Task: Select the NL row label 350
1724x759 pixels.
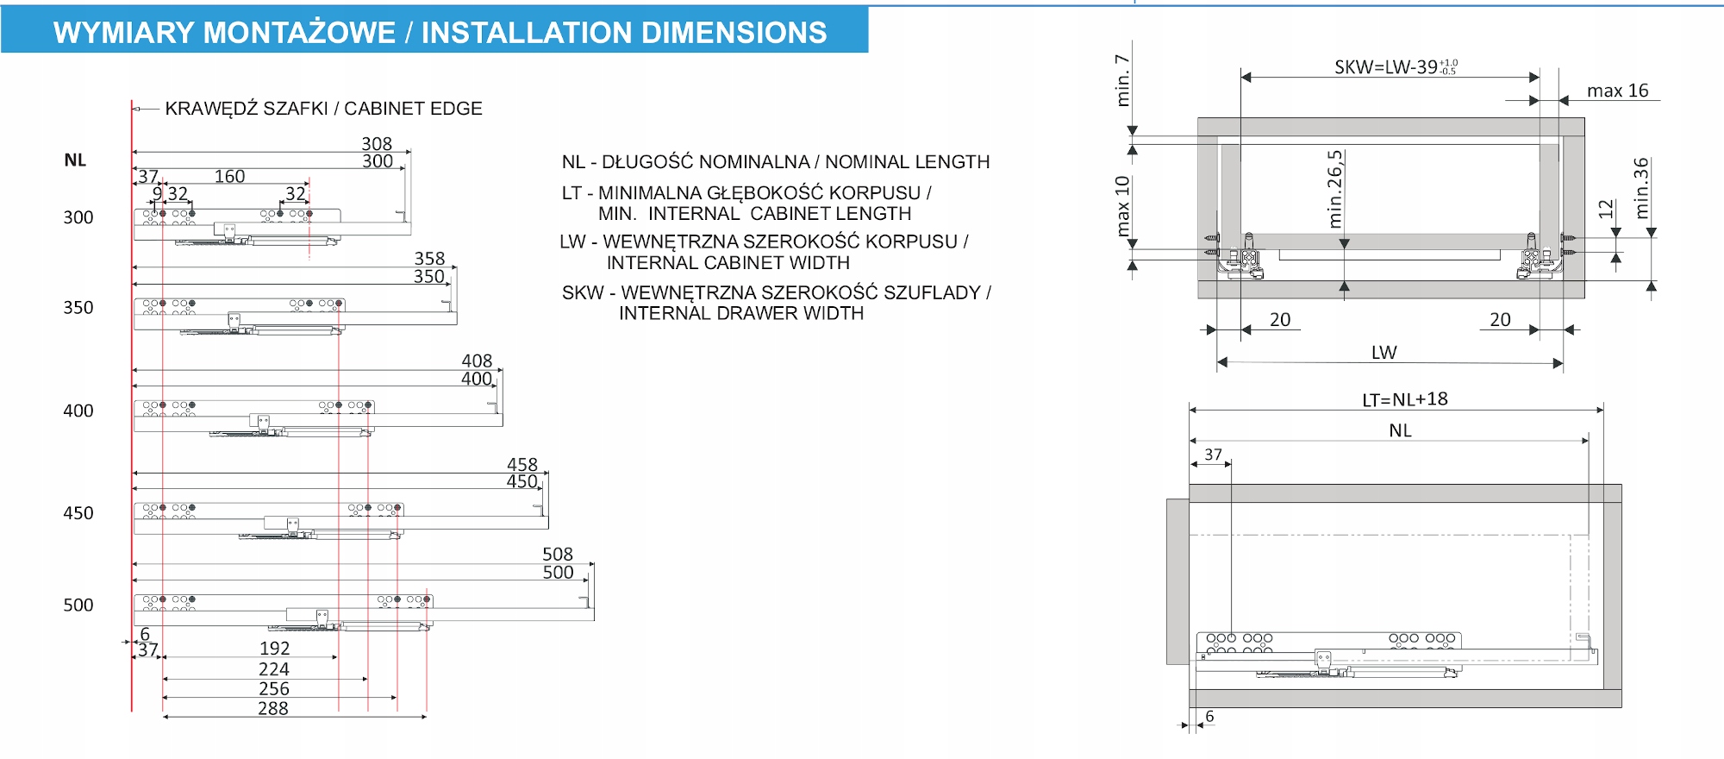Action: tap(78, 308)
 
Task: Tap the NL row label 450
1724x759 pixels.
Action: tap(78, 513)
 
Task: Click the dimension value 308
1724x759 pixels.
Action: tap(377, 144)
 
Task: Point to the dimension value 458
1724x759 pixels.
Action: tap(522, 465)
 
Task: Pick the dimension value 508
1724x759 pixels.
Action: tap(558, 555)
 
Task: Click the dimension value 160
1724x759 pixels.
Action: tap(229, 177)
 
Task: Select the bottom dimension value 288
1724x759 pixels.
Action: tap(273, 709)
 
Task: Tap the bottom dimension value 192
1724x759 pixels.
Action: tap(275, 649)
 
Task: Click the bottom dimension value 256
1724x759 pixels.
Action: tap(274, 689)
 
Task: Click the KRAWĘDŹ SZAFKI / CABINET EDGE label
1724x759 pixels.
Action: tap(323, 109)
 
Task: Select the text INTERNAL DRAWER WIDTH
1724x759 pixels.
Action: tap(741, 313)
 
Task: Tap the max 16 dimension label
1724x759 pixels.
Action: tap(1617, 91)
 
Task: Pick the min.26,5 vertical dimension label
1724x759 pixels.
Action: tap(1335, 189)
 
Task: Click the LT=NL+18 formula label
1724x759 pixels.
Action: tap(1405, 399)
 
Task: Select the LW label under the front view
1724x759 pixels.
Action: tap(1384, 353)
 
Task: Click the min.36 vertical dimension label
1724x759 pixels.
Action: tap(1641, 188)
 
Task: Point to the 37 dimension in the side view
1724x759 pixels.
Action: tap(1213, 455)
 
